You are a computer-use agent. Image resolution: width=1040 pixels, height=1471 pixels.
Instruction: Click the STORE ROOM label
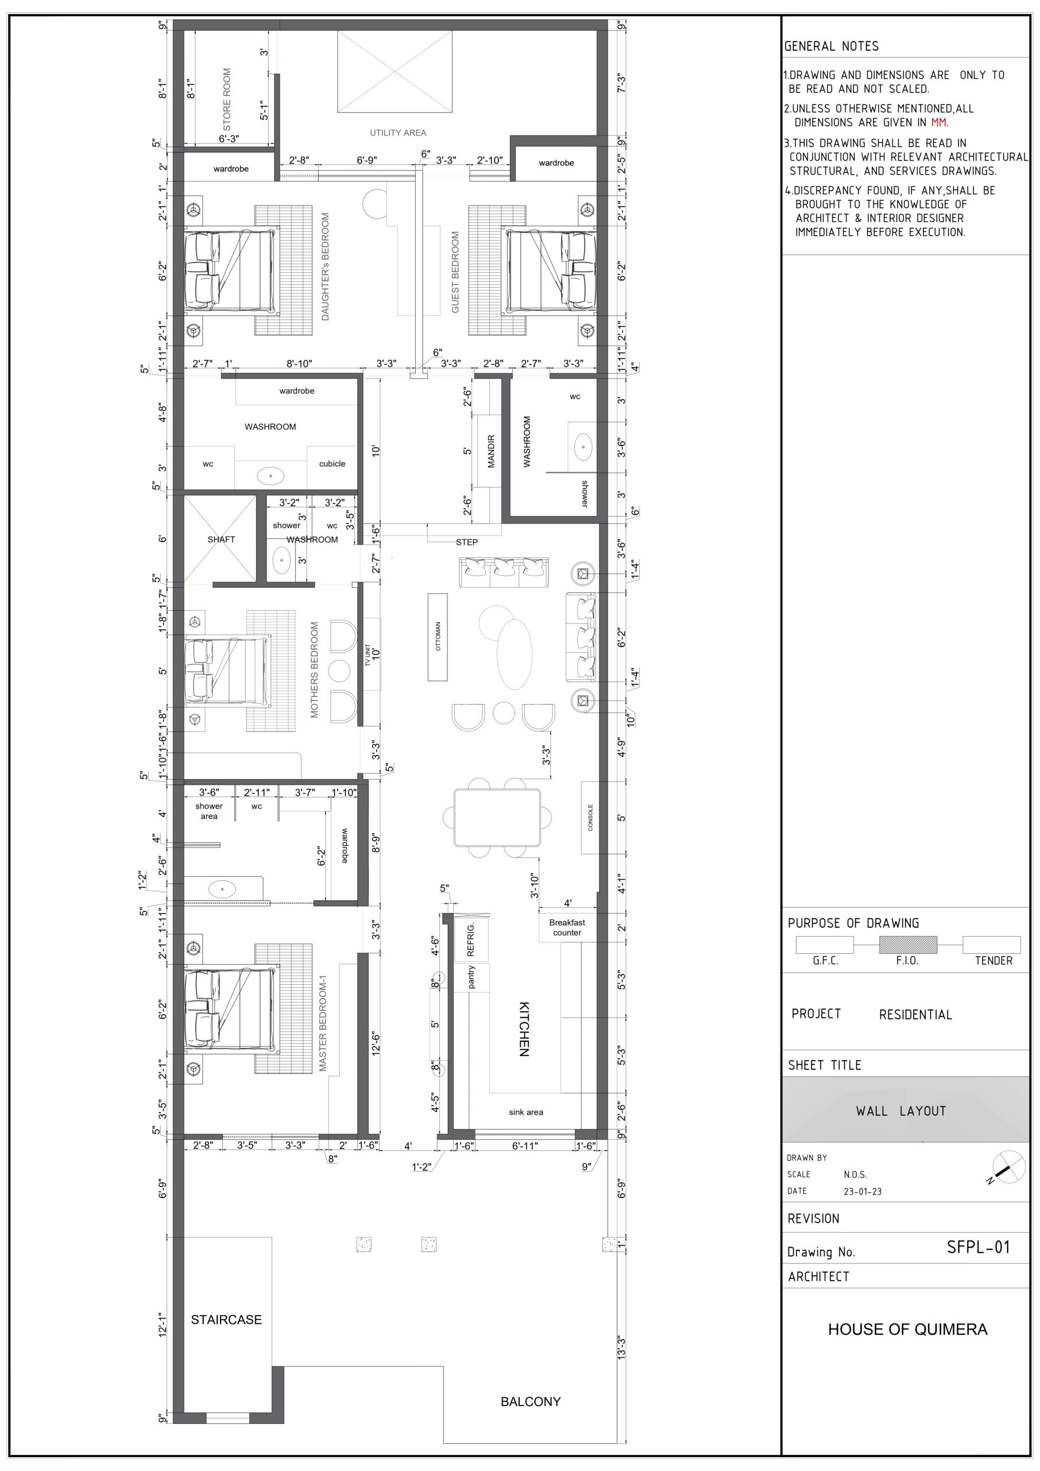[227, 99]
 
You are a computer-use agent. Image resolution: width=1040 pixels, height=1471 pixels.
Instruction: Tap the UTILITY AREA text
[398, 133]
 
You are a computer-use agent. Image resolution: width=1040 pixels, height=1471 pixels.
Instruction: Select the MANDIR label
[491, 451]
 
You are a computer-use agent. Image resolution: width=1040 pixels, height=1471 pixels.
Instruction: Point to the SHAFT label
[221, 540]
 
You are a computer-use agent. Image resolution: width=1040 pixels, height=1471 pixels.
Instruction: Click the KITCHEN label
[524, 1029]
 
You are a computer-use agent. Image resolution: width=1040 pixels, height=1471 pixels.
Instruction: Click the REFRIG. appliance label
[471, 940]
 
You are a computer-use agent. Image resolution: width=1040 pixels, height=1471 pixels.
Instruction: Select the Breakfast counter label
[567, 927]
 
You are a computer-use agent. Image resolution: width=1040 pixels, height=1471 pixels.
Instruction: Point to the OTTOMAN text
[438, 636]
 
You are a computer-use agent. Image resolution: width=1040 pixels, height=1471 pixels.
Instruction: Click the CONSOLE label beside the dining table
[590, 818]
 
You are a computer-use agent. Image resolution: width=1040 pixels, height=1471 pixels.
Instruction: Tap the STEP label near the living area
[466, 542]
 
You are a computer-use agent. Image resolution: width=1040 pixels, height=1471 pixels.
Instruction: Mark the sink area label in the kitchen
[526, 1112]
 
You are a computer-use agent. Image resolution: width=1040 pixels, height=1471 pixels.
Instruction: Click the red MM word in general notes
[939, 122]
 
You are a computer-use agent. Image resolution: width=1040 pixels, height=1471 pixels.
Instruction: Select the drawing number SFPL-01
[978, 1247]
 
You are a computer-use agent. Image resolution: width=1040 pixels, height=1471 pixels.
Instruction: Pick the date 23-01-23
[862, 1191]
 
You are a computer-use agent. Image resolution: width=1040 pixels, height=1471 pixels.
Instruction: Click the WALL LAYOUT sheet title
[900, 1111]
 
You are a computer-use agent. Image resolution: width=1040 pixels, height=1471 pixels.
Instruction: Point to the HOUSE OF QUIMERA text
[907, 1330]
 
